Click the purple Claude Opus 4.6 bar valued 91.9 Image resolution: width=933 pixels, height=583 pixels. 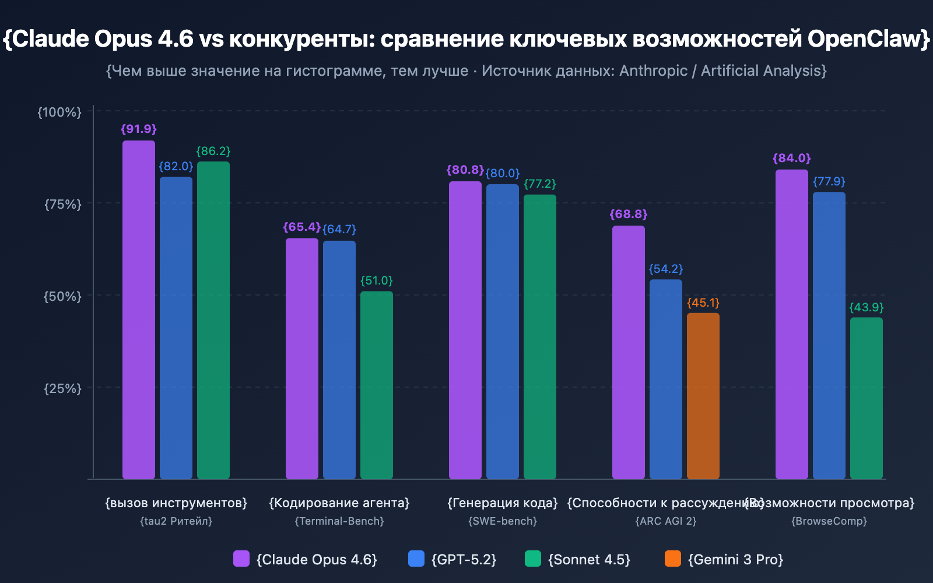[139, 309]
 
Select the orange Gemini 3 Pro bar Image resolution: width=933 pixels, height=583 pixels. [703, 396]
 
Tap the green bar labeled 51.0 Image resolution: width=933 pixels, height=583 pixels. [377, 385]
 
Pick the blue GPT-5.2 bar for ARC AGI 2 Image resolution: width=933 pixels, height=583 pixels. [666, 379]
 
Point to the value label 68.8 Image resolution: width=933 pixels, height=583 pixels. [629, 214]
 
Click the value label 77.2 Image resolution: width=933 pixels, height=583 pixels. [540, 184]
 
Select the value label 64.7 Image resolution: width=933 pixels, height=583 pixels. [339, 229]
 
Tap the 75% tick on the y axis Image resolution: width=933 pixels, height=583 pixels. [63, 204]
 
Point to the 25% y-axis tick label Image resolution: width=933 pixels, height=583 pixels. [63, 388]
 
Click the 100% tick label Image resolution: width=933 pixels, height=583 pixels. [59, 112]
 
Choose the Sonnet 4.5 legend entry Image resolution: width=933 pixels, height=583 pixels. [589, 560]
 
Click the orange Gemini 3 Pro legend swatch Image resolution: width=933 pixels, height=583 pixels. [672, 559]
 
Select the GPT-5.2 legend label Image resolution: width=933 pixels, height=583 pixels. [464, 560]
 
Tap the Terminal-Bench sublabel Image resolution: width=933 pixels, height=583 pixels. [339, 521]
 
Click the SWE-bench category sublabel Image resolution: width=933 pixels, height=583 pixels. [503, 521]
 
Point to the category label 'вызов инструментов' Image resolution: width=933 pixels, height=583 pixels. [176, 503]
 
